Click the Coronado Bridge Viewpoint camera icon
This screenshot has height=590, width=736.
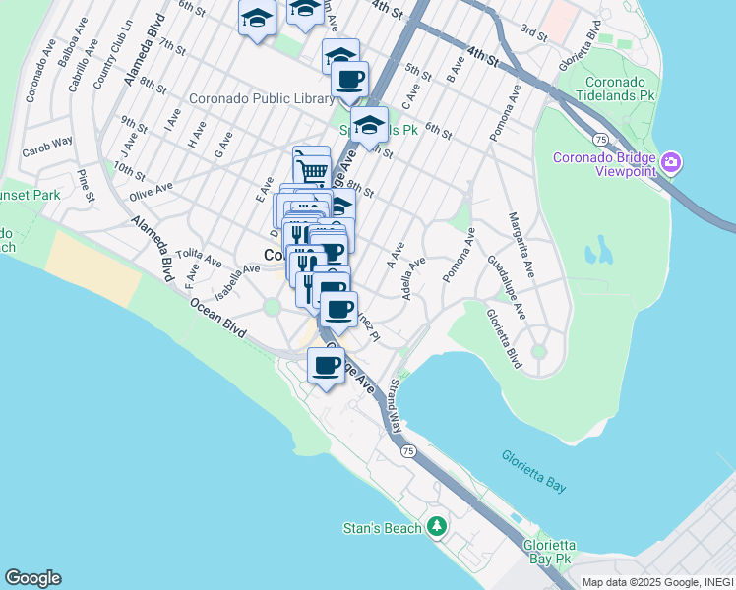[x=671, y=161]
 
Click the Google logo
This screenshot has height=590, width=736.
[x=32, y=578]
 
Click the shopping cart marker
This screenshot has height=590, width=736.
[x=312, y=169]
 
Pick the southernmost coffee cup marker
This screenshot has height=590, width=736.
[x=326, y=365]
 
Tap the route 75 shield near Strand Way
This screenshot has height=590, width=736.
[x=407, y=449]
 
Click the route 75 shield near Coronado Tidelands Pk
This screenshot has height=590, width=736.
[x=597, y=141]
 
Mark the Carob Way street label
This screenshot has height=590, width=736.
[x=48, y=146]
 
